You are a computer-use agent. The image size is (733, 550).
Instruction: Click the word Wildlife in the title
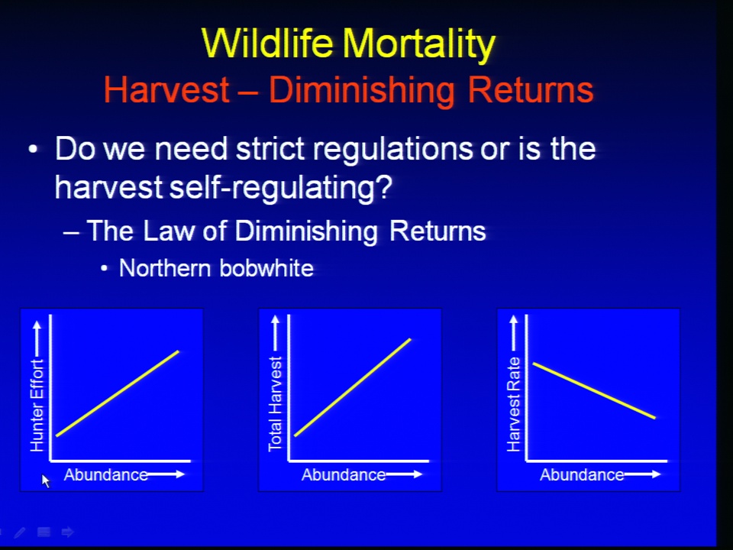[267, 43]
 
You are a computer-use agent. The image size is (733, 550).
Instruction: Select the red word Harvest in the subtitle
[166, 89]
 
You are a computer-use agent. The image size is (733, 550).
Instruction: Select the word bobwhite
[266, 268]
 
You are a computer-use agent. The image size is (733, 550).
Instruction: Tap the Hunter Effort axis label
[37, 405]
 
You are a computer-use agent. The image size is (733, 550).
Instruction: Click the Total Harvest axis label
[275, 404]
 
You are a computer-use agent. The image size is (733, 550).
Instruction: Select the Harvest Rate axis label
[514, 404]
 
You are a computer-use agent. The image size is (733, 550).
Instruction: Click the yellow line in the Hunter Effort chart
[118, 393]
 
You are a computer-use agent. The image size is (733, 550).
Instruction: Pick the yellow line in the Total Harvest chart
[353, 388]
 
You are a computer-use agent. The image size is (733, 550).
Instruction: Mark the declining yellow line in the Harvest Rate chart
[594, 390]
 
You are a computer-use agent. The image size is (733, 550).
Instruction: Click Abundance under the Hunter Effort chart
[106, 474]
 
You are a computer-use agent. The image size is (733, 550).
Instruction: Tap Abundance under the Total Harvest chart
[344, 474]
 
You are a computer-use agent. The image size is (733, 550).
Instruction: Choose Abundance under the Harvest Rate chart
[582, 474]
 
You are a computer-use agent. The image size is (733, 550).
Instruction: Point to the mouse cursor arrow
[45, 480]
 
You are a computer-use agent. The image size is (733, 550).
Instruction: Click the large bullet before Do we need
[32, 150]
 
